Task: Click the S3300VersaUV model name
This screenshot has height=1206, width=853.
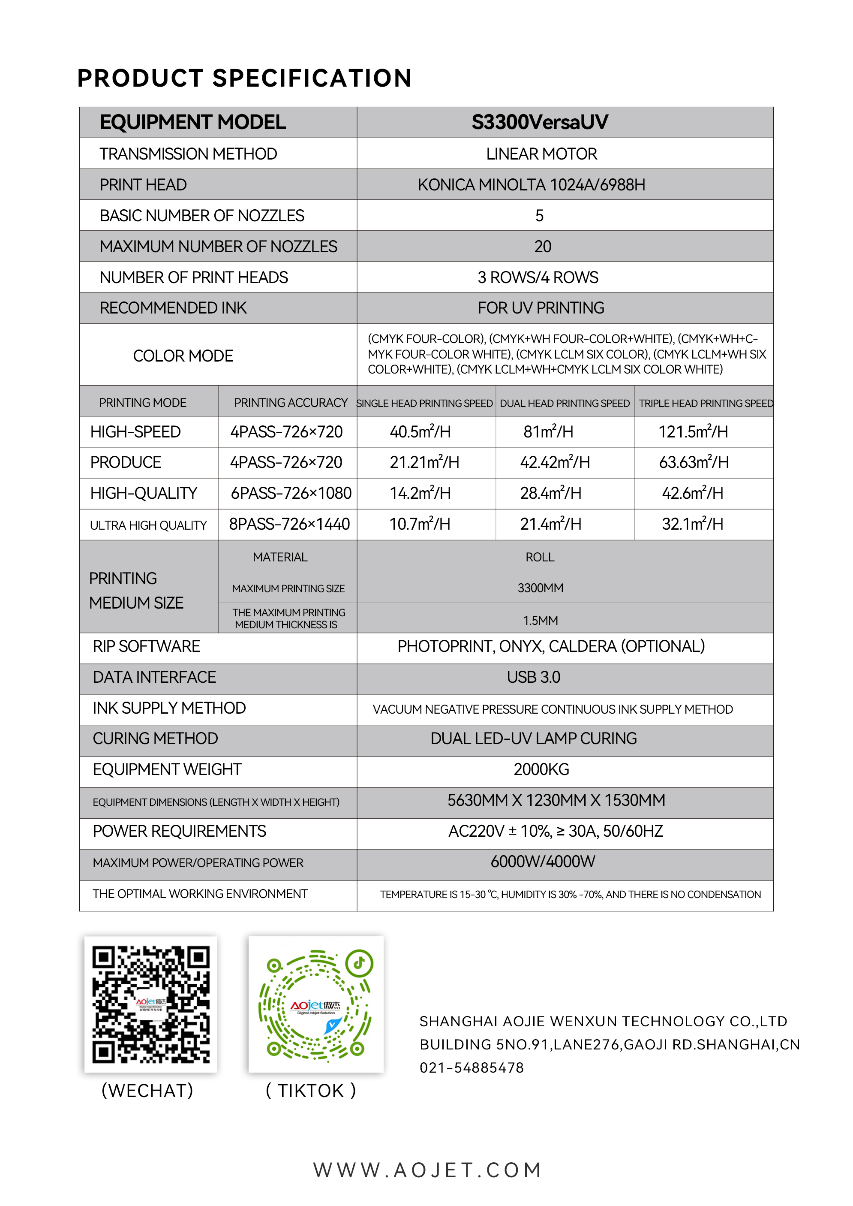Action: coord(539,122)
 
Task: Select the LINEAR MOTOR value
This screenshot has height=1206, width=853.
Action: coord(541,154)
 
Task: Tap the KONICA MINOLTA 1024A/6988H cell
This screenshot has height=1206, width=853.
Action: coord(531,185)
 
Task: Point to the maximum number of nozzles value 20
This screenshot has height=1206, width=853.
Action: coord(543,247)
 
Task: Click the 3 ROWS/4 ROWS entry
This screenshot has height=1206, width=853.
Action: coord(538,277)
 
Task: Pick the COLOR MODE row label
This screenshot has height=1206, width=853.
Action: coord(183,356)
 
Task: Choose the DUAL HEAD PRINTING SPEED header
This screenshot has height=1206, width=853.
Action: coord(565,403)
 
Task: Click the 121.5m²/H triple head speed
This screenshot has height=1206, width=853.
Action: coord(693,432)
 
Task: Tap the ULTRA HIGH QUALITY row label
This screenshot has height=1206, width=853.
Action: coord(148,525)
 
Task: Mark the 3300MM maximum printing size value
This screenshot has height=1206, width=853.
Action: coord(540,588)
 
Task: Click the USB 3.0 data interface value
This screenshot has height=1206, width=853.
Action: coord(533,677)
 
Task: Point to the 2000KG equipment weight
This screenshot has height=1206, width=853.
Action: coord(541,770)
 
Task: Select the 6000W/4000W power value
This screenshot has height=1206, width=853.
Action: coord(543,862)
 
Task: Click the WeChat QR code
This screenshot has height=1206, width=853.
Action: coord(151,1004)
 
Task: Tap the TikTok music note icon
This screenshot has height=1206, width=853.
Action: coord(359,963)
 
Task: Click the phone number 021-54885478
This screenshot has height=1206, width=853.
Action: coord(472,1068)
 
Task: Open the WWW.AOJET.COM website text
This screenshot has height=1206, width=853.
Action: coord(427,1170)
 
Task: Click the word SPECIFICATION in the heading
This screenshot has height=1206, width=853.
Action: coord(312,78)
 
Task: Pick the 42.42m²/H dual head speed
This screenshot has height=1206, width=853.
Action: coord(555,462)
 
